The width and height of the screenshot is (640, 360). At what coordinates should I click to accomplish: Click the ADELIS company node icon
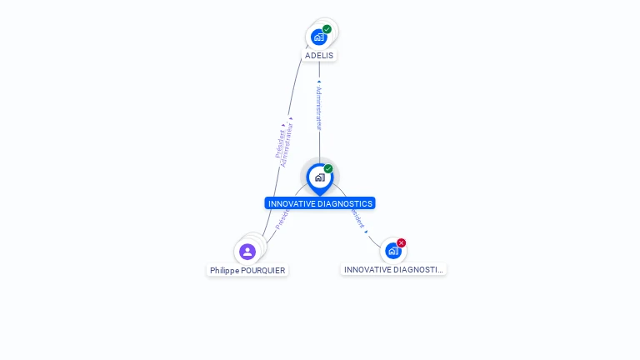[318, 37]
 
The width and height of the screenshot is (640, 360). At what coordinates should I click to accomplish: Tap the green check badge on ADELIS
[327, 29]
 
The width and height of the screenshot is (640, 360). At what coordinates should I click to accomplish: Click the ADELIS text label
[319, 56]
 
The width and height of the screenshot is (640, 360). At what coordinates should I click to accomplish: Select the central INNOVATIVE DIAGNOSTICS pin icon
[319, 177]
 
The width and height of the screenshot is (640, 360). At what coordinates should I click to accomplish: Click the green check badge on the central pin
[328, 169]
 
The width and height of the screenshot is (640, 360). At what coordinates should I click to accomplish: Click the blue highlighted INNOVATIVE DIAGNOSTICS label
[320, 203]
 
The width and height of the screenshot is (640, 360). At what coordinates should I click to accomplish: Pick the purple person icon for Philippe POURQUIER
[247, 252]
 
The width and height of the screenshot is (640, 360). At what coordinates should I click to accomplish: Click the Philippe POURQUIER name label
[247, 271]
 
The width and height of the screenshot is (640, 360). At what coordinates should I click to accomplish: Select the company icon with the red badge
[392, 251]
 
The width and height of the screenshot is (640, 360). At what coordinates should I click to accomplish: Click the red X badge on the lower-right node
[401, 243]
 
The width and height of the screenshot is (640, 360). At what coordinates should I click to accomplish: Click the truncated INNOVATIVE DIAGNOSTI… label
[393, 270]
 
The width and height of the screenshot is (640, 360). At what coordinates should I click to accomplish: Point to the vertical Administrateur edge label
[318, 107]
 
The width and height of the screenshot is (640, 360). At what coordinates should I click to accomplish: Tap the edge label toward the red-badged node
[358, 219]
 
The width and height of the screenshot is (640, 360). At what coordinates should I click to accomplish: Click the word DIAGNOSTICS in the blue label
[343, 203]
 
